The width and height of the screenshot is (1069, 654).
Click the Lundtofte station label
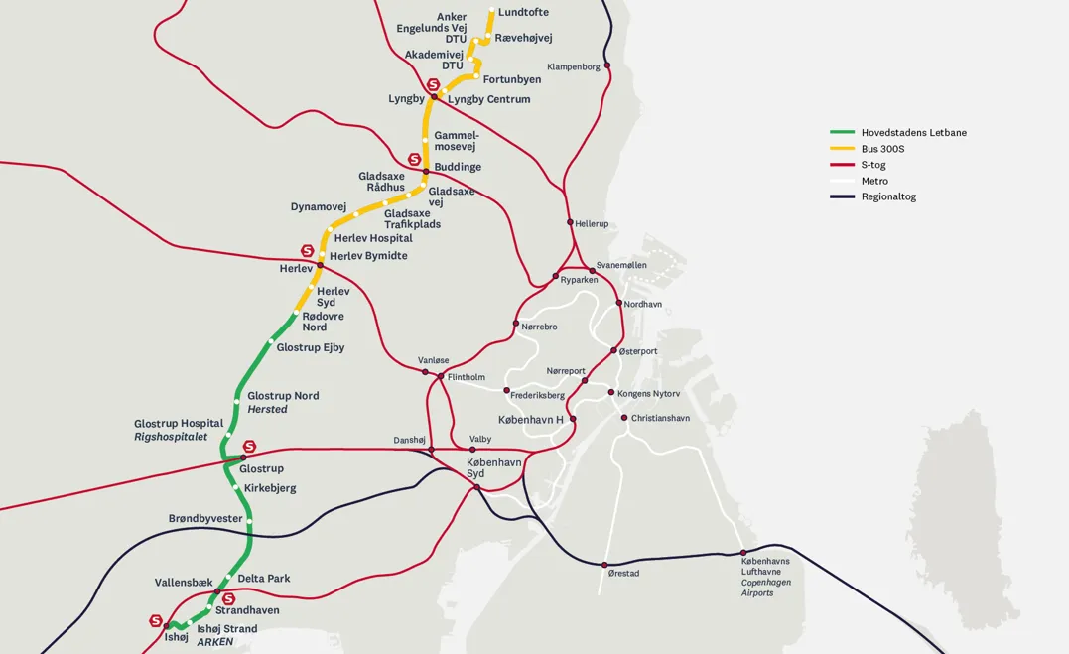point(523,12)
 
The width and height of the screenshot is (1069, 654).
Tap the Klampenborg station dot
point(607,65)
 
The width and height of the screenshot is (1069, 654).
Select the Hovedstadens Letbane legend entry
point(913,132)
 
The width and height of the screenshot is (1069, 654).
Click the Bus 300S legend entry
point(882,149)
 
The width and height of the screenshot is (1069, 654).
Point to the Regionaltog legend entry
point(887,196)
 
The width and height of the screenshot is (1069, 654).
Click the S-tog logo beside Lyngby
point(433,85)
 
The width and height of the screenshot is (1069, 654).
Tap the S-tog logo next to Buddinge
point(415,159)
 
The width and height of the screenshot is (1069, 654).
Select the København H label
point(530,420)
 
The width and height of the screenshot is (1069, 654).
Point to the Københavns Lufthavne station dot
point(743,553)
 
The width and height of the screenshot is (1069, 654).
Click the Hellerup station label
point(592,224)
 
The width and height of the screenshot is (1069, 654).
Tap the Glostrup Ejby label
point(310,347)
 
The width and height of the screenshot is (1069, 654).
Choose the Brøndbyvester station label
point(205,518)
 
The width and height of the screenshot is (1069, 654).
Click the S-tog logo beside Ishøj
point(156,620)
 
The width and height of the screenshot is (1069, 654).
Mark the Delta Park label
point(264,578)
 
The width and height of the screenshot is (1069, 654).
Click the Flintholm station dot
point(441,376)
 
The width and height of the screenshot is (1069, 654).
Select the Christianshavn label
point(660,418)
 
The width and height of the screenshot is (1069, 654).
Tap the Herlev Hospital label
point(373,238)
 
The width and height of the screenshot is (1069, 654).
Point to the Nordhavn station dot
point(618,303)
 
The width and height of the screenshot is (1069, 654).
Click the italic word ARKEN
point(214,642)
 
